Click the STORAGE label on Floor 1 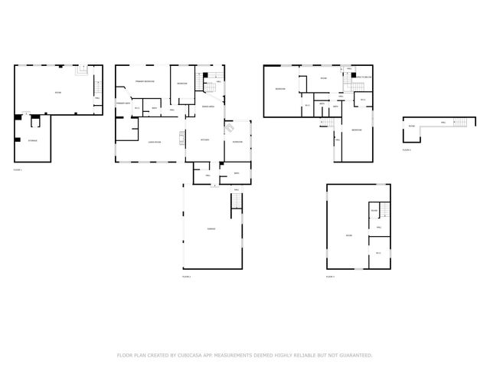point(33,141)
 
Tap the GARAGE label point(211,229)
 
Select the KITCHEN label point(204,140)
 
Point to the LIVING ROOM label point(153,142)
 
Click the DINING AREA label point(207,107)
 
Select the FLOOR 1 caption point(18,169)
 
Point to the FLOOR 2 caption point(186,276)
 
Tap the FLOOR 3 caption point(329,276)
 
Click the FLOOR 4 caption point(407,150)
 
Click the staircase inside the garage point(237,201)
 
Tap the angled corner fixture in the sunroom point(230,129)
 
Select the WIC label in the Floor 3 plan point(377,253)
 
